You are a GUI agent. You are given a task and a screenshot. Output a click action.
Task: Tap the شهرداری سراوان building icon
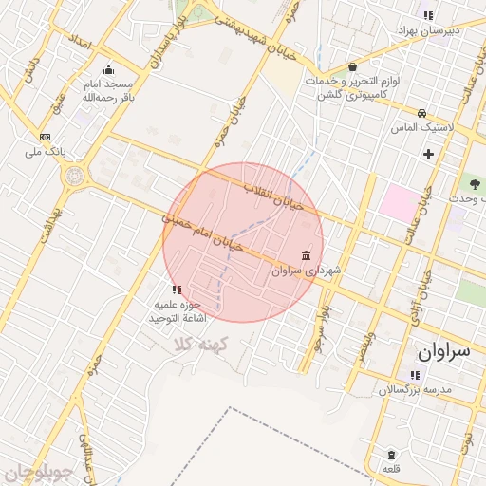(305, 255)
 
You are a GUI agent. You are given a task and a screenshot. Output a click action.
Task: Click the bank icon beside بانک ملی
(45, 137)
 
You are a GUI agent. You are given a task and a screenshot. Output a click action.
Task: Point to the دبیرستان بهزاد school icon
(428, 15)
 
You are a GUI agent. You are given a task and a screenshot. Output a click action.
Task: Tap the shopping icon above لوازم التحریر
(352, 67)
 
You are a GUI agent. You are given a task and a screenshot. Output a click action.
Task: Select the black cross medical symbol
(428, 154)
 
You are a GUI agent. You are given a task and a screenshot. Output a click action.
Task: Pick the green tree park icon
(474, 183)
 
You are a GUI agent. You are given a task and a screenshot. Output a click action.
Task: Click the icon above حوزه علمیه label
(176, 290)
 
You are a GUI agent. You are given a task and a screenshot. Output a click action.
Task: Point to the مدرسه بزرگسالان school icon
(414, 375)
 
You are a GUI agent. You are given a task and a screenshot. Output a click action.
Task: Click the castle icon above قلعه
(391, 455)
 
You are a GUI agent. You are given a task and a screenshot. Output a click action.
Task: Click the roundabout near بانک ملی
(73, 176)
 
